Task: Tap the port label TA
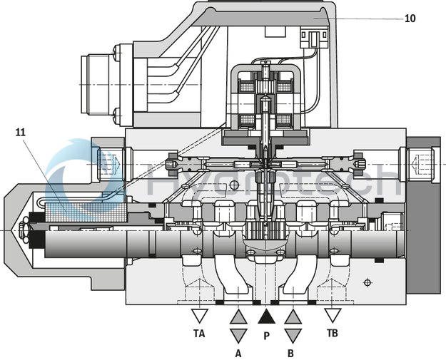(x=200, y=333)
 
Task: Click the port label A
(x=238, y=351)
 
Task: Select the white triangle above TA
(x=200, y=315)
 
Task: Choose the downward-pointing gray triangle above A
(x=238, y=334)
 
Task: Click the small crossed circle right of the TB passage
(x=368, y=282)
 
